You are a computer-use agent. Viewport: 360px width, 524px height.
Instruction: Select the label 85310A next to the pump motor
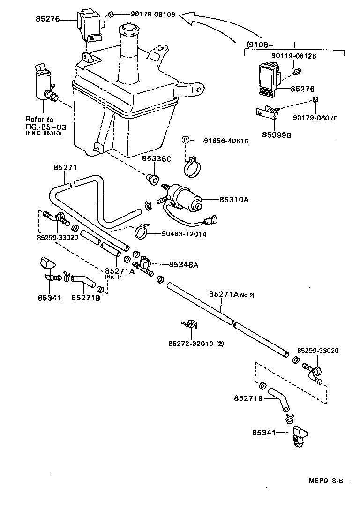(233, 199)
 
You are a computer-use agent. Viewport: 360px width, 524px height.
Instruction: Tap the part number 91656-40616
(226, 141)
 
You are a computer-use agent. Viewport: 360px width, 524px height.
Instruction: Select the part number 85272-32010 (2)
(196, 344)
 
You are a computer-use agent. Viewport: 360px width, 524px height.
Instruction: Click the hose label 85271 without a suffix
(65, 167)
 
